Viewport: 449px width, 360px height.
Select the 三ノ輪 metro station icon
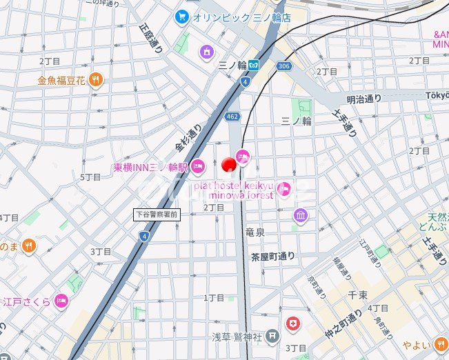[255, 65]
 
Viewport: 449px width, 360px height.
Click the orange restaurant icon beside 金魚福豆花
[95, 80]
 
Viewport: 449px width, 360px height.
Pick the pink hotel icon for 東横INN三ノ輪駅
[198, 166]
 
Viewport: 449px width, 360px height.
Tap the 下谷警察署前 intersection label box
[156, 214]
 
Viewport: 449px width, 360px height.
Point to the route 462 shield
[232, 117]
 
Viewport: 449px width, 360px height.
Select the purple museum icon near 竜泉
[300, 217]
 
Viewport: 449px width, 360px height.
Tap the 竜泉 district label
[255, 233]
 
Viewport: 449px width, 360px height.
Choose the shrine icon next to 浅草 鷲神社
[273, 337]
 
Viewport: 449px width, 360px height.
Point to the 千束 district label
[357, 294]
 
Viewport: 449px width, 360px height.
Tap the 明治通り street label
[364, 99]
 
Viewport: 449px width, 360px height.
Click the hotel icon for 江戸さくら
[61, 301]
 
